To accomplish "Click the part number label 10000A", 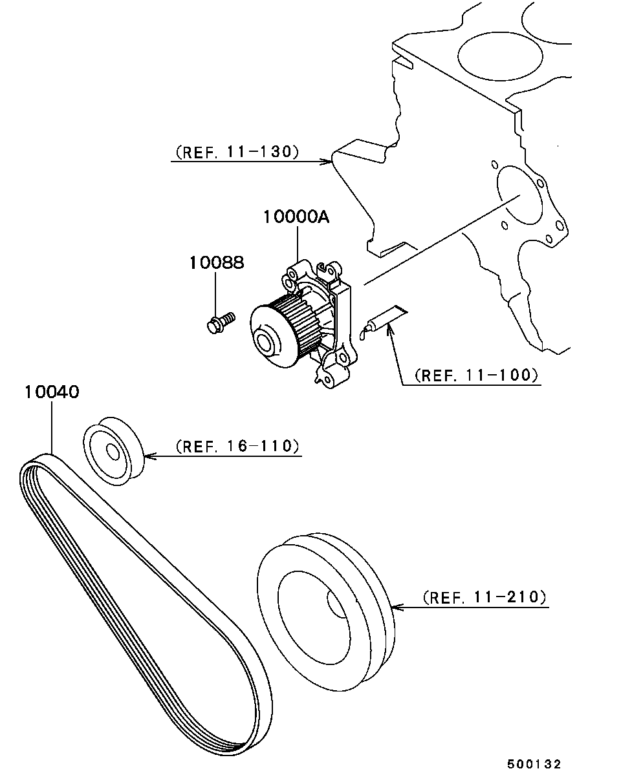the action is pyautogui.click(x=296, y=217).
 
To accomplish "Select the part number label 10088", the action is pyautogui.click(x=217, y=263).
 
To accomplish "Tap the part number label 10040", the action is pyautogui.click(x=52, y=392).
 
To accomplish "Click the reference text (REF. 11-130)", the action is pyautogui.click(x=237, y=151).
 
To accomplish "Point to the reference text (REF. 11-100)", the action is pyautogui.click(x=476, y=375).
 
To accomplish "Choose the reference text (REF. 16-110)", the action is pyautogui.click(x=237, y=446).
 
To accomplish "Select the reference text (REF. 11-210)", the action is pyautogui.click(x=485, y=597).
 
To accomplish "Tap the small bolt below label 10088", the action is pyautogui.click(x=221, y=322).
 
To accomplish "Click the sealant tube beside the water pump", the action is pyautogui.click(x=383, y=322).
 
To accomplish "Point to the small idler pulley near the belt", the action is pyautogui.click(x=114, y=451).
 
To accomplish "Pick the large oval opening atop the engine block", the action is pyautogui.click(x=500, y=56).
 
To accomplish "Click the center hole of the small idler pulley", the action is pyautogui.click(x=113, y=453).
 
